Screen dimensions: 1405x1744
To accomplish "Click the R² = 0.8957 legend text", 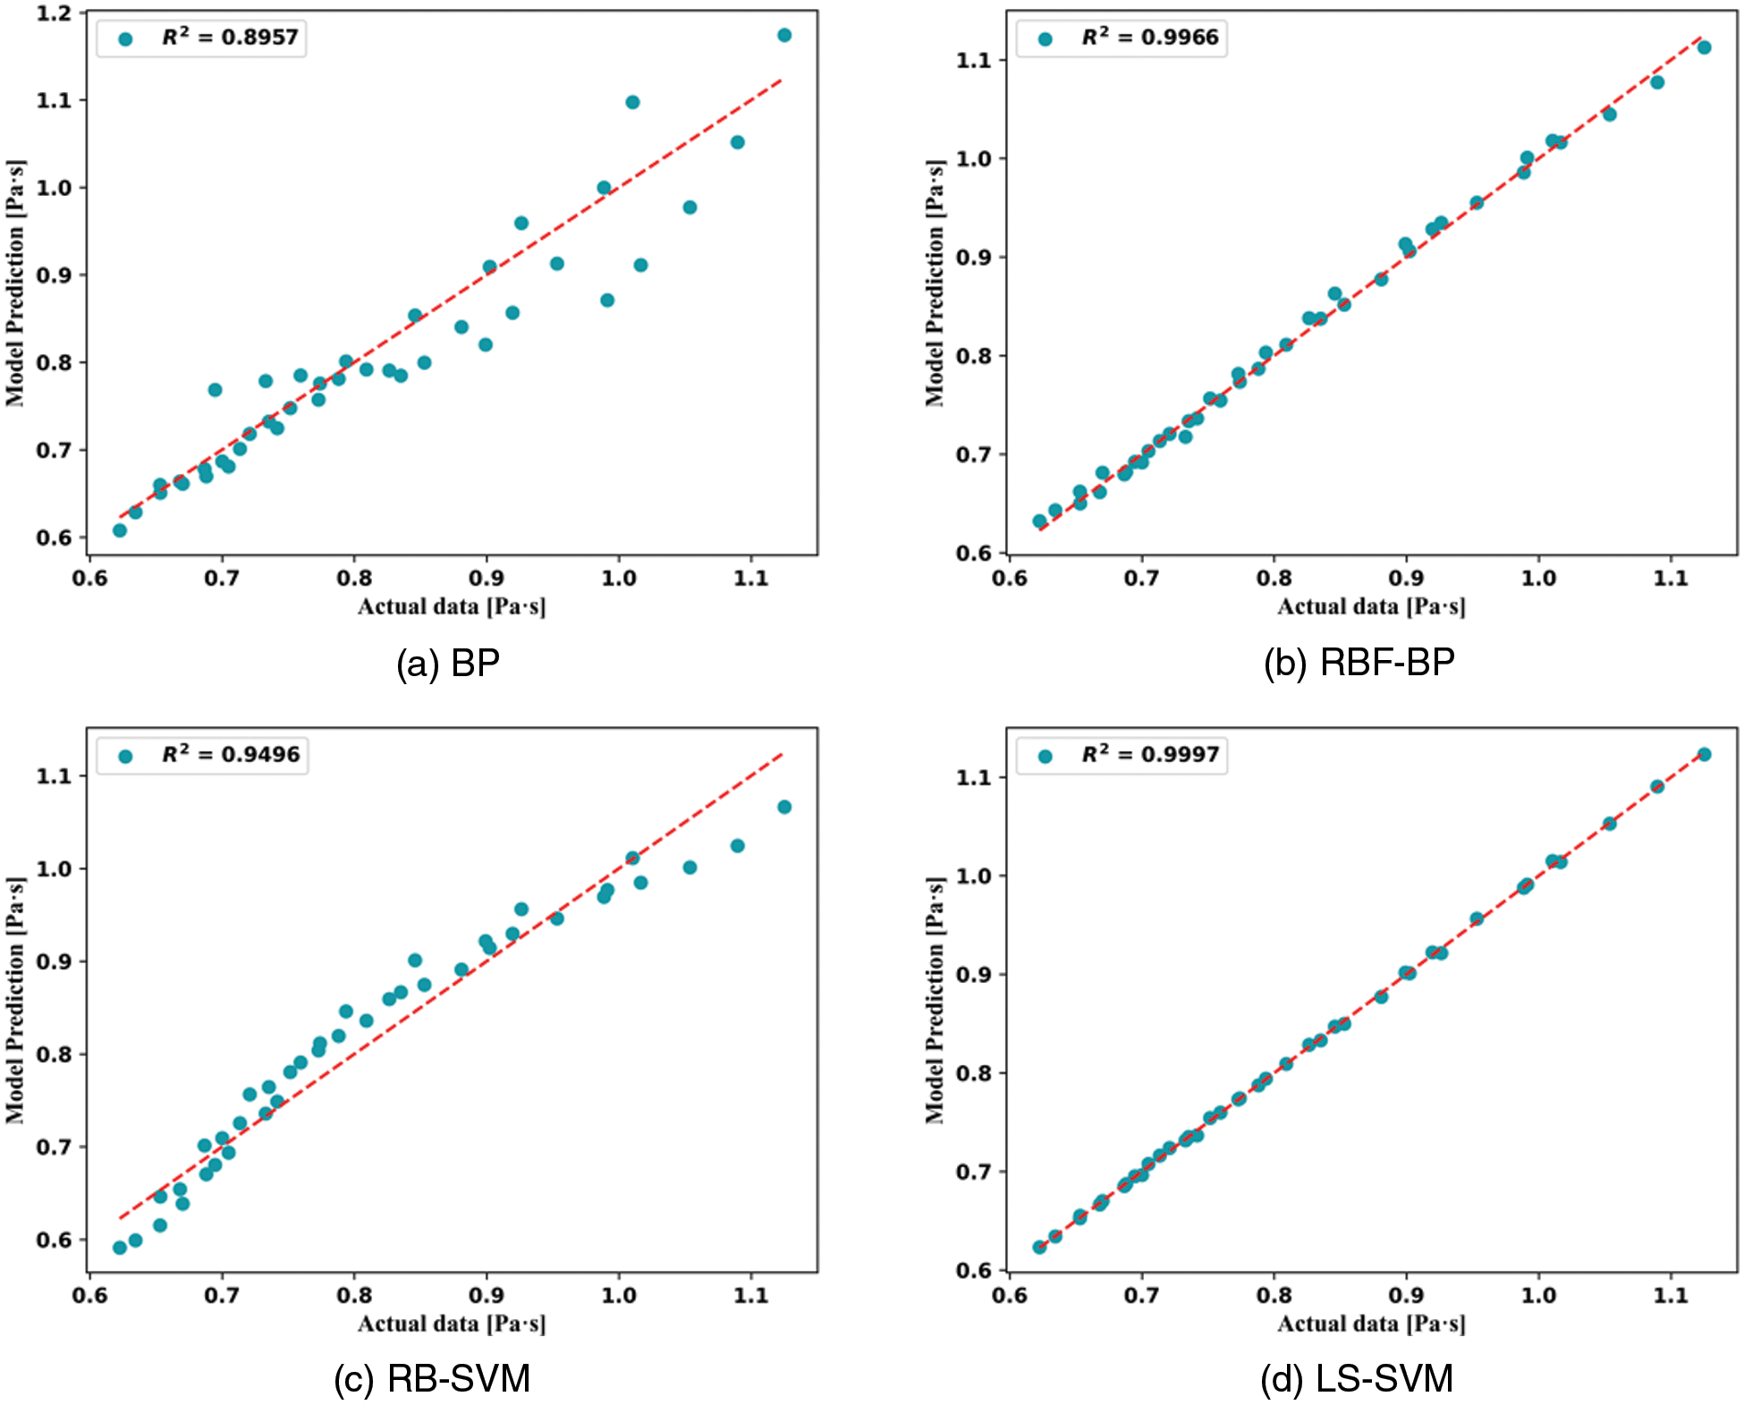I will [230, 38].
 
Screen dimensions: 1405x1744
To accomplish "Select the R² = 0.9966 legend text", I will [1150, 38].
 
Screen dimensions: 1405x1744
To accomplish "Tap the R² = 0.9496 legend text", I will [231, 755].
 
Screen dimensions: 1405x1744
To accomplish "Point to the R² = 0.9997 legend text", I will [1150, 755].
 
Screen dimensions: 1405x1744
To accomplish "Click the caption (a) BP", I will [447, 664].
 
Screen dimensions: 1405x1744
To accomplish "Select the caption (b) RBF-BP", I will [1359, 663].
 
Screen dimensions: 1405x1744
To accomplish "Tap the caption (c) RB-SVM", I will [432, 1378].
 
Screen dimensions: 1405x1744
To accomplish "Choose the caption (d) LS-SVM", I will [1357, 1378].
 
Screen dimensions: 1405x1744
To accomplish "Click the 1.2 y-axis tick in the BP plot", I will [54, 13].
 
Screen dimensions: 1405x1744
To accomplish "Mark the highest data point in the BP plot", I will [784, 35].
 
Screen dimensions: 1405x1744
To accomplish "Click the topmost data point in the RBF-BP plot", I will [1704, 47].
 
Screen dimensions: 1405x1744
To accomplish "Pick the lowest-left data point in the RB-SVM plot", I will [119, 1248].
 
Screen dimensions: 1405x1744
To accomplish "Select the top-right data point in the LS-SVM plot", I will [1704, 755].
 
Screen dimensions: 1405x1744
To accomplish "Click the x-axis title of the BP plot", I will [452, 607].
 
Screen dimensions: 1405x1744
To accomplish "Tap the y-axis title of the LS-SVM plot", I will [935, 1000].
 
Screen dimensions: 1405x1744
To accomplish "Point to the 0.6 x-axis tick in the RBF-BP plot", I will [1009, 579].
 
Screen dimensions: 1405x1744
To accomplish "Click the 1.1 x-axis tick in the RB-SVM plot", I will [750, 1295].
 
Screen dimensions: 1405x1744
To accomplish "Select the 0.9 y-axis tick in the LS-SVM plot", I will [973, 974].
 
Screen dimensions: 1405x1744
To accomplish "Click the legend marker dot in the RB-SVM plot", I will [125, 757].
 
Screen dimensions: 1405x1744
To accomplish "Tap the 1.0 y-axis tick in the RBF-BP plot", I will [973, 158].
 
